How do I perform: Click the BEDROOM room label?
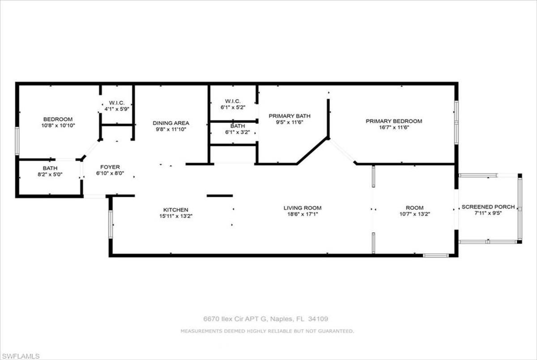click(58, 119)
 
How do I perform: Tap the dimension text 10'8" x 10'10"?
click(58, 126)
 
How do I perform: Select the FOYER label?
click(110, 167)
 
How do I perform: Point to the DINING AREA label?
click(171, 123)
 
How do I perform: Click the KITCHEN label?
click(176, 210)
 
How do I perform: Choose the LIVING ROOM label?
click(303, 208)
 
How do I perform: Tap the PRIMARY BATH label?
click(290, 116)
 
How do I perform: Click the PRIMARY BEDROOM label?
click(394, 121)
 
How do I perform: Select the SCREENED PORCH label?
click(488, 207)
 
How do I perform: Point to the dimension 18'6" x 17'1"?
click(303, 214)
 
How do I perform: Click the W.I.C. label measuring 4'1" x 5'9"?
click(117, 103)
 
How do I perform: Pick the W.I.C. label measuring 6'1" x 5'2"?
click(233, 101)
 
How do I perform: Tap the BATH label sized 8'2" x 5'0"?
click(50, 168)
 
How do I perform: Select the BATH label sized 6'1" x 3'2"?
click(238, 126)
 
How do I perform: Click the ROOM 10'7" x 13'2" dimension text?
click(415, 214)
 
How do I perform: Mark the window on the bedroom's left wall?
click(17, 141)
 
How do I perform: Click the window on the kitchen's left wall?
click(111, 224)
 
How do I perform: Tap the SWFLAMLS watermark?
click(20, 356)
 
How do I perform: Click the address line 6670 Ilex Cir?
click(266, 319)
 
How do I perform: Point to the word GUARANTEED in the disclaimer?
click(336, 331)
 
